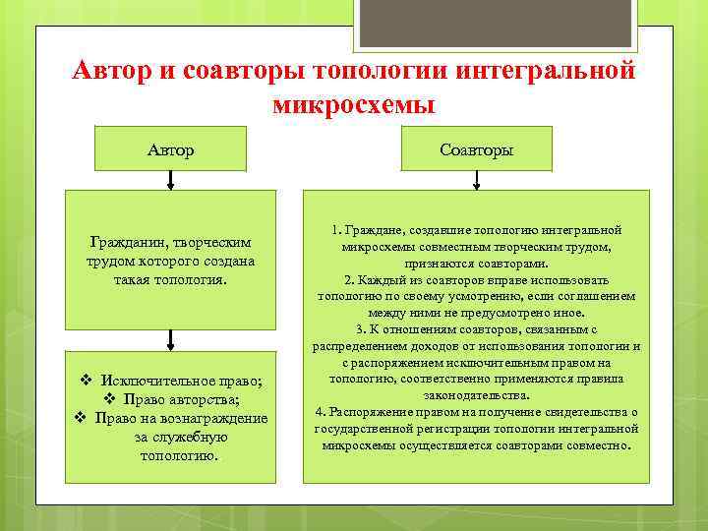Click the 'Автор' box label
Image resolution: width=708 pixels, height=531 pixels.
pos(170,149)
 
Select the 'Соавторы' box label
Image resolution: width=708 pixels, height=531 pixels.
pos(476,149)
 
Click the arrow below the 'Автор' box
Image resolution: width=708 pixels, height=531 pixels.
pos(171,180)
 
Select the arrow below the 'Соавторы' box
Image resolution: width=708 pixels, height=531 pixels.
pos(477,180)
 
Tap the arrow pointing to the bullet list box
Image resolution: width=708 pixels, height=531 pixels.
pos(171,339)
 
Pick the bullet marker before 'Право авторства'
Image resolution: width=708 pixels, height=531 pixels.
pos(110,399)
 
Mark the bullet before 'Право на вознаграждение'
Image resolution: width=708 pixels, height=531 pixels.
pos(81,418)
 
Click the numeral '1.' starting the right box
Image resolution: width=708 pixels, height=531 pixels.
pos(336,230)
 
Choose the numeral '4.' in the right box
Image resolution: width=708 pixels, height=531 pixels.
pos(320,411)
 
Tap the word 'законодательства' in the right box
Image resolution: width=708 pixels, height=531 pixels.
pos(476,394)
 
